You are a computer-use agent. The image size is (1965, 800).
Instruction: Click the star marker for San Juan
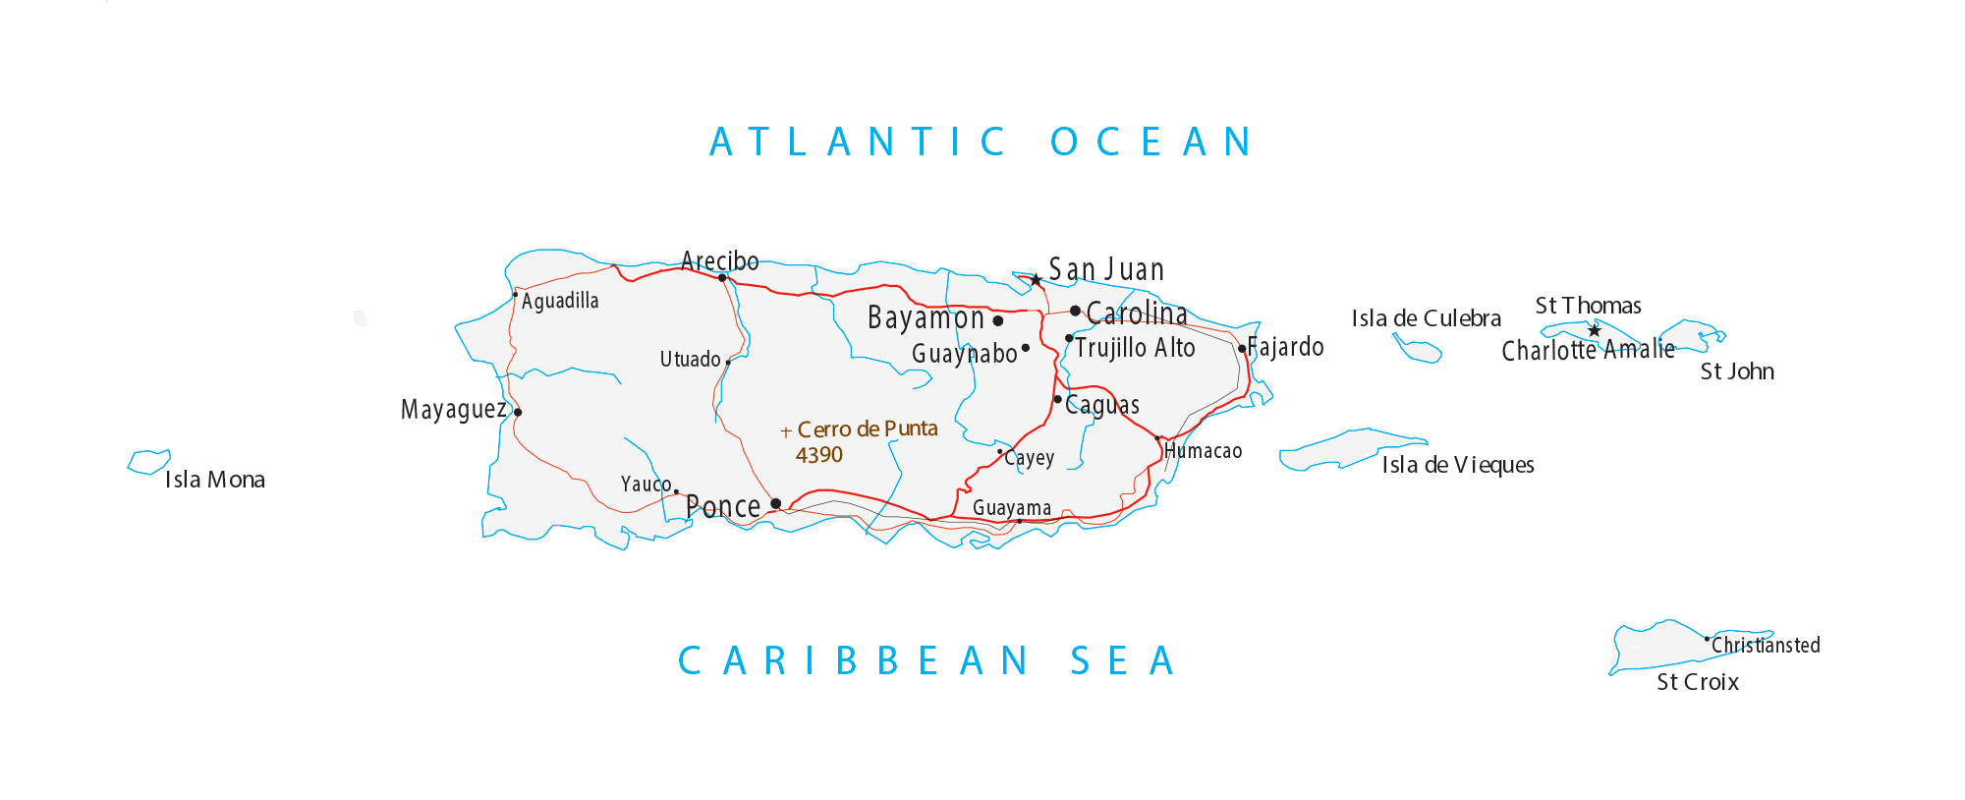point(1036,280)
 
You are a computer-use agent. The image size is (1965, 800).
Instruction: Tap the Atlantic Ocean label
point(982,143)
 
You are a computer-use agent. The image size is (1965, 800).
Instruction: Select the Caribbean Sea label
point(927,661)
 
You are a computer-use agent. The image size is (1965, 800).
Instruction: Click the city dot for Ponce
point(776,504)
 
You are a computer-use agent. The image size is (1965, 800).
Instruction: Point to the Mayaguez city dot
point(518,413)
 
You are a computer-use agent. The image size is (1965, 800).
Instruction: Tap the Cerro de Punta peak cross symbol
point(786,431)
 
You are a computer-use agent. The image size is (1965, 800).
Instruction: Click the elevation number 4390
point(819,455)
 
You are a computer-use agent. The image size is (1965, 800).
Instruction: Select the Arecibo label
point(720,260)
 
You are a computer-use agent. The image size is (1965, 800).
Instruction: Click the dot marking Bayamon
point(998,320)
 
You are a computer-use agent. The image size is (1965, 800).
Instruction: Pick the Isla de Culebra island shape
point(1417,349)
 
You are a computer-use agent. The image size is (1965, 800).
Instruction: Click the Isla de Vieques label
point(1458,465)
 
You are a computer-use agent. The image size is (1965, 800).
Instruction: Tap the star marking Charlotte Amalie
point(1595,331)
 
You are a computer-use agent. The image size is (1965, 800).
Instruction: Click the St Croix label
point(1698,682)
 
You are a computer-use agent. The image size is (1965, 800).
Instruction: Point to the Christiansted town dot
point(1707,639)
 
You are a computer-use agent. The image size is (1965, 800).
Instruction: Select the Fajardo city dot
point(1242,349)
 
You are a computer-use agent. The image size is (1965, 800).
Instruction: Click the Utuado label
point(690,359)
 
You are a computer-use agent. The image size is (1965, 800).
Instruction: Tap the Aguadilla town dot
point(515,294)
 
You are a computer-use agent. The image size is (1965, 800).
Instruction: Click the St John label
point(1737,371)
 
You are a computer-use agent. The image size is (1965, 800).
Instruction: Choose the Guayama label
point(1012,508)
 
